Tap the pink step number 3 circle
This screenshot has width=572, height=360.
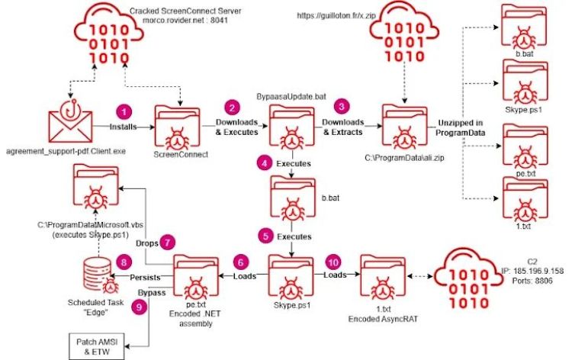(x=342, y=106)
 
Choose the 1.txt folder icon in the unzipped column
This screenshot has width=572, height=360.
(x=520, y=198)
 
